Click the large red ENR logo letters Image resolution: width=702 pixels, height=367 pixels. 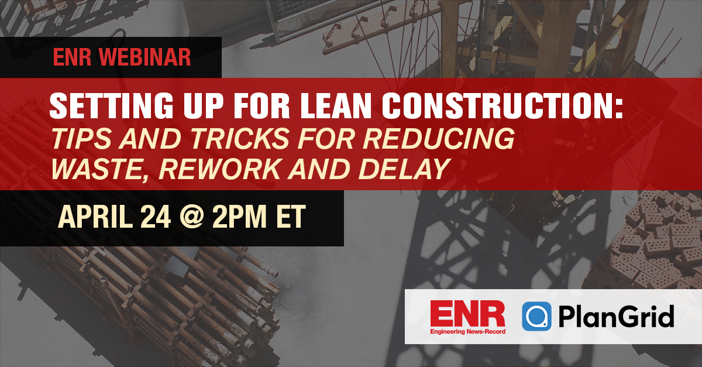point(467,313)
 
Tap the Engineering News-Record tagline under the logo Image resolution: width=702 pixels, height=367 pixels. point(467,332)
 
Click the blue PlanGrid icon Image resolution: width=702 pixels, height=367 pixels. point(536,317)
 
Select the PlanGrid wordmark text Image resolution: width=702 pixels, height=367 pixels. point(615,317)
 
